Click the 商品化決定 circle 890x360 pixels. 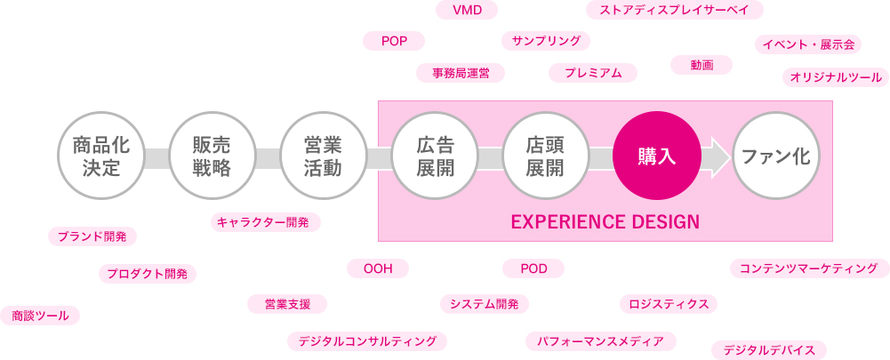point(101,156)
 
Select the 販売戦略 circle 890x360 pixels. point(212,156)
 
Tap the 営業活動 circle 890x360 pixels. point(323,156)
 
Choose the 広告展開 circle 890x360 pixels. point(435,156)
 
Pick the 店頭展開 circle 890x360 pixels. point(545,156)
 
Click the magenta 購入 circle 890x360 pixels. point(657,156)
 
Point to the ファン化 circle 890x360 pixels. point(776,156)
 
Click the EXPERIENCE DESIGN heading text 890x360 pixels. point(605,221)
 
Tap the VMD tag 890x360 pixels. point(467,10)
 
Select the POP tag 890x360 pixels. point(394,41)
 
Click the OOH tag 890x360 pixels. point(378,268)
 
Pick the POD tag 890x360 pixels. point(533,268)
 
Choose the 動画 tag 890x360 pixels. point(702,65)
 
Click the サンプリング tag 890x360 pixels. point(546,41)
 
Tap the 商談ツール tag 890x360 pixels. point(40,316)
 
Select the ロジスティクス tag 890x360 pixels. point(669,304)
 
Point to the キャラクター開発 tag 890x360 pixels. point(266,222)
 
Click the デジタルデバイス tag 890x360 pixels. point(769,350)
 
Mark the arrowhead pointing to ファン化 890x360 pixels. point(718,156)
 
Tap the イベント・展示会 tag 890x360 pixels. point(808,44)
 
